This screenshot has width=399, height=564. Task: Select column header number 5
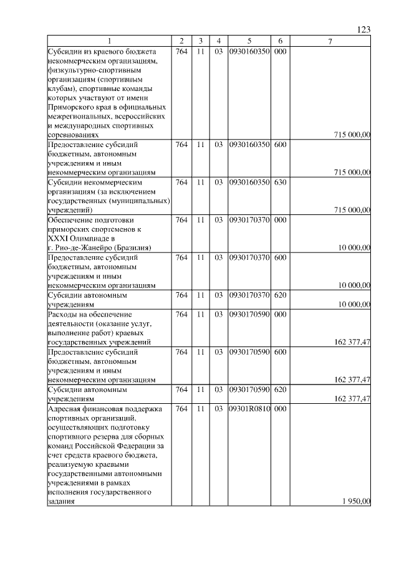tap(249, 41)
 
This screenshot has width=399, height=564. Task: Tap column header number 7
tap(330, 41)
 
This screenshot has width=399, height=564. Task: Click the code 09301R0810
tap(249, 409)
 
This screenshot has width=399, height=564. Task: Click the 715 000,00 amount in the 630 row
tap(352, 210)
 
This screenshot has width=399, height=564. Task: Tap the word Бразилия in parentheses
tap(127, 247)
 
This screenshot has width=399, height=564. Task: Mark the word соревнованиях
tap(73, 134)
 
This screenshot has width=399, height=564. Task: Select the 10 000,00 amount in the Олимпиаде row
tap(354, 247)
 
